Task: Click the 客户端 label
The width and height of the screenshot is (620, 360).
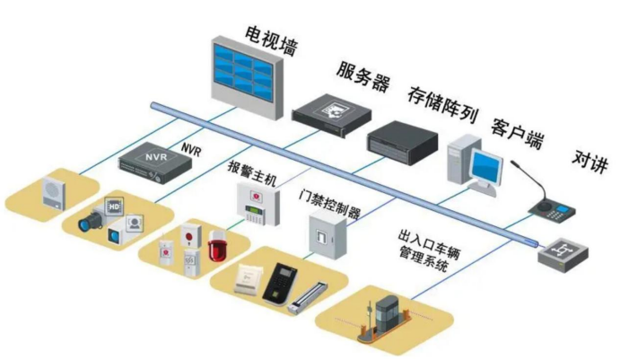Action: coord(517,125)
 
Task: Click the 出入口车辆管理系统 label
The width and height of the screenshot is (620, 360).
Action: coord(430,245)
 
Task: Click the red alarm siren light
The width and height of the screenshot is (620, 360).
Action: coord(215,244)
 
